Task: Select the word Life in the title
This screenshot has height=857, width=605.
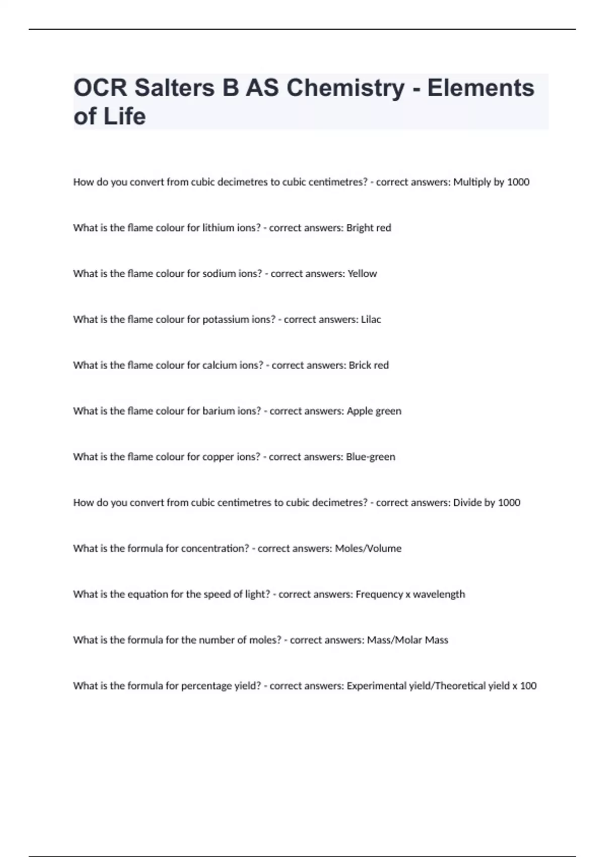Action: coord(125,116)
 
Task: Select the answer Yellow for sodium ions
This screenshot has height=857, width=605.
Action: coord(362,274)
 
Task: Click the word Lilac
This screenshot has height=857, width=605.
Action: coord(371,320)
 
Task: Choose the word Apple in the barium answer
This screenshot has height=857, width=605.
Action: coord(359,411)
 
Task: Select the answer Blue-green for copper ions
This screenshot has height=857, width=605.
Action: coord(371,457)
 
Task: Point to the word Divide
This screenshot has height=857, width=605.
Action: coord(467,503)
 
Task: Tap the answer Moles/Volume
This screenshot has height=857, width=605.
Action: coord(369,548)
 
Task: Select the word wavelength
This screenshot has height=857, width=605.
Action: coord(439,594)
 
